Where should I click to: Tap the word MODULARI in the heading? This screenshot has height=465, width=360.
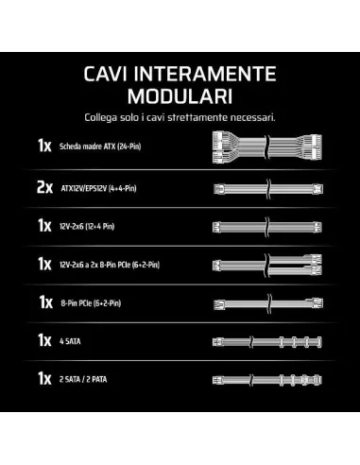(x=180, y=96)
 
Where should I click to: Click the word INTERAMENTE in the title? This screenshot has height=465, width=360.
(x=205, y=74)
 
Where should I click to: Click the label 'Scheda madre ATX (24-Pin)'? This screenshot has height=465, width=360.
(x=100, y=146)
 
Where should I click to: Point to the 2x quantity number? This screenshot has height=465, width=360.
(x=44, y=188)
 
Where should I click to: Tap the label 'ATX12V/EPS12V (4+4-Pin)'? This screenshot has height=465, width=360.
(x=98, y=189)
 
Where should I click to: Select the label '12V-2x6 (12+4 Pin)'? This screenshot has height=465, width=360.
(x=87, y=227)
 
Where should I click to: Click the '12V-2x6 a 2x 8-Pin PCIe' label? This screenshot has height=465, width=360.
(x=110, y=265)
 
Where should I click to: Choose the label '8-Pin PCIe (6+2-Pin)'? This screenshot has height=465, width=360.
(x=91, y=303)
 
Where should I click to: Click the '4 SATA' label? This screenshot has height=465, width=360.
(x=70, y=341)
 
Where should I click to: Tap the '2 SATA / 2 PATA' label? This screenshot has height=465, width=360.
(x=83, y=379)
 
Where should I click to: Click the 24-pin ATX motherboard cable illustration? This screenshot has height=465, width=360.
(x=267, y=147)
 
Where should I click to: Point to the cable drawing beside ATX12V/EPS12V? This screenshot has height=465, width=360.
(x=268, y=189)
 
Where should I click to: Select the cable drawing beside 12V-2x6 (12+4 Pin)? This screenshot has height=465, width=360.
(x=267, y=227)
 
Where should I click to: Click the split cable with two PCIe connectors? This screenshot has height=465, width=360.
(x=267, y=265)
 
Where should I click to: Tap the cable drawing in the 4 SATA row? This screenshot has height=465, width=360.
(x=267, y=342)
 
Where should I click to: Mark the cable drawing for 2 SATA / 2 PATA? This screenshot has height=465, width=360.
(x=267, y=380)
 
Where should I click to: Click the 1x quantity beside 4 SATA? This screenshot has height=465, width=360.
(x=44, y=341)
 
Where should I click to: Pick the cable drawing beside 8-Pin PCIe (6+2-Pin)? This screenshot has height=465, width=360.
(x=268, y=303)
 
